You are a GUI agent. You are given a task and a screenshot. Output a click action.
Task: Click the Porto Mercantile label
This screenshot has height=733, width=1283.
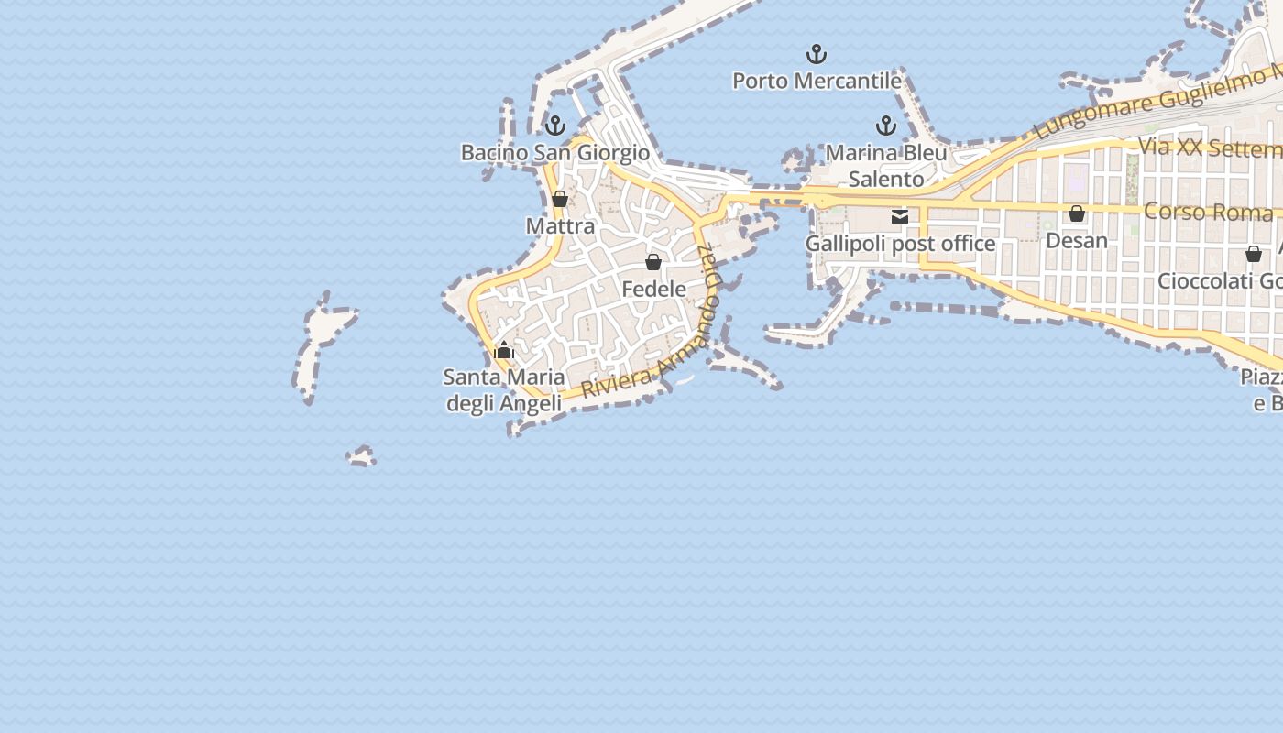[817, 81]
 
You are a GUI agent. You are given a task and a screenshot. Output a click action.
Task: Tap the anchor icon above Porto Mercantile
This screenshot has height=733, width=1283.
[816, 54]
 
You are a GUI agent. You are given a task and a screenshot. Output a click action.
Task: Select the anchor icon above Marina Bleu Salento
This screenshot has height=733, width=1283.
[885, 126]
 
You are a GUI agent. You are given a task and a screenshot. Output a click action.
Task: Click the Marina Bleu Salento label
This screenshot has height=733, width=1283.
[885, 165]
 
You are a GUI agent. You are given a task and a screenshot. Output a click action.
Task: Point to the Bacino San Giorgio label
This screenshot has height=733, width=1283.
[554, 152]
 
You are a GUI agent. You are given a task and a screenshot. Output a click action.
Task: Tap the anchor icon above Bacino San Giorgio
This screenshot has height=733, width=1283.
[554, 126]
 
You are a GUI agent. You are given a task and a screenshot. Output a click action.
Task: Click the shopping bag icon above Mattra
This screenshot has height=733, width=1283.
[560, 199]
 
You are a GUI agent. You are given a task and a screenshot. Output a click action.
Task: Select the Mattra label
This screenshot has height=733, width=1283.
[560, 225]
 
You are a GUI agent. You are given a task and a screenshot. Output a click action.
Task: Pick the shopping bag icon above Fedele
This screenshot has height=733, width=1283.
[653, 262]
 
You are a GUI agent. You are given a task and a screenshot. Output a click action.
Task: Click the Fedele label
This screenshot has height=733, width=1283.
[653, 289]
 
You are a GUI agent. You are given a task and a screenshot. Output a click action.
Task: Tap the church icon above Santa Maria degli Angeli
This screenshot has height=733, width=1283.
[504, 350]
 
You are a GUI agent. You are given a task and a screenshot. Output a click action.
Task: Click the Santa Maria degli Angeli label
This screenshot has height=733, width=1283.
[504, 389]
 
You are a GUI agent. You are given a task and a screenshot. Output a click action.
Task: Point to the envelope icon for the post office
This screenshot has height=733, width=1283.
[900, 217]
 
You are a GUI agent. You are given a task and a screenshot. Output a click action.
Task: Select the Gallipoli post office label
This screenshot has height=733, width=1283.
[900, 244]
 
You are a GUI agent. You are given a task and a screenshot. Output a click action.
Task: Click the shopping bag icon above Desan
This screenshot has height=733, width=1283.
[1077, 213]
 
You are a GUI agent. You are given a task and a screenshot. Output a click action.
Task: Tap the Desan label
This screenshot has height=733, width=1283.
[1077, 240]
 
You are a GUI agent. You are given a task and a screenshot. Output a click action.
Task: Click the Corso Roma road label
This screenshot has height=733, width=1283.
[1208, 212]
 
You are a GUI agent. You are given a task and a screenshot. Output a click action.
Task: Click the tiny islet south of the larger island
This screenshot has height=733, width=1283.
[361, 455]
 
